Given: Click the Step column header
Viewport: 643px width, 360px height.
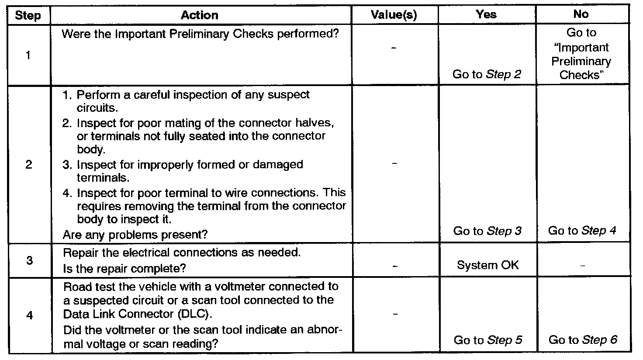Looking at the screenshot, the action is (28, 16).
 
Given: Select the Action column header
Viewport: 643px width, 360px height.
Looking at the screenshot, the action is (200, 15).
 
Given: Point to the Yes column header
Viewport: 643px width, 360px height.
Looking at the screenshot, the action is (486, 14).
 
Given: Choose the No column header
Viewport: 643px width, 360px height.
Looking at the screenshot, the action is (581, 14).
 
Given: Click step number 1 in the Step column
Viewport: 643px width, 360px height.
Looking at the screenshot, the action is (28, 55).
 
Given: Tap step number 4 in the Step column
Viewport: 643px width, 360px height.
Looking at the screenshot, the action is (29, 315).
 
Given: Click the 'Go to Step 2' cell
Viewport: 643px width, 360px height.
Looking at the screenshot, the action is (487, 74).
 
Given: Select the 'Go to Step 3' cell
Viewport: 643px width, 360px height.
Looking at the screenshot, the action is (487, 231).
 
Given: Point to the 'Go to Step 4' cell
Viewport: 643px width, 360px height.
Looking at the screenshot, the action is (582, 231).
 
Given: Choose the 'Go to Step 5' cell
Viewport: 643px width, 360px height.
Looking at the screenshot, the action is (488, 340).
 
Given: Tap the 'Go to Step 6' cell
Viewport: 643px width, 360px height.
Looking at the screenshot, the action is (583, 340).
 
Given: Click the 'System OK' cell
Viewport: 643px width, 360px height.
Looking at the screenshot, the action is (487, 265).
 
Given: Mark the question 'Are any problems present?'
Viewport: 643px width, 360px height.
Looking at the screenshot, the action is (135, 235).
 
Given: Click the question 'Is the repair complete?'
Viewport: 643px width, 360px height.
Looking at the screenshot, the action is (128, 268).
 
